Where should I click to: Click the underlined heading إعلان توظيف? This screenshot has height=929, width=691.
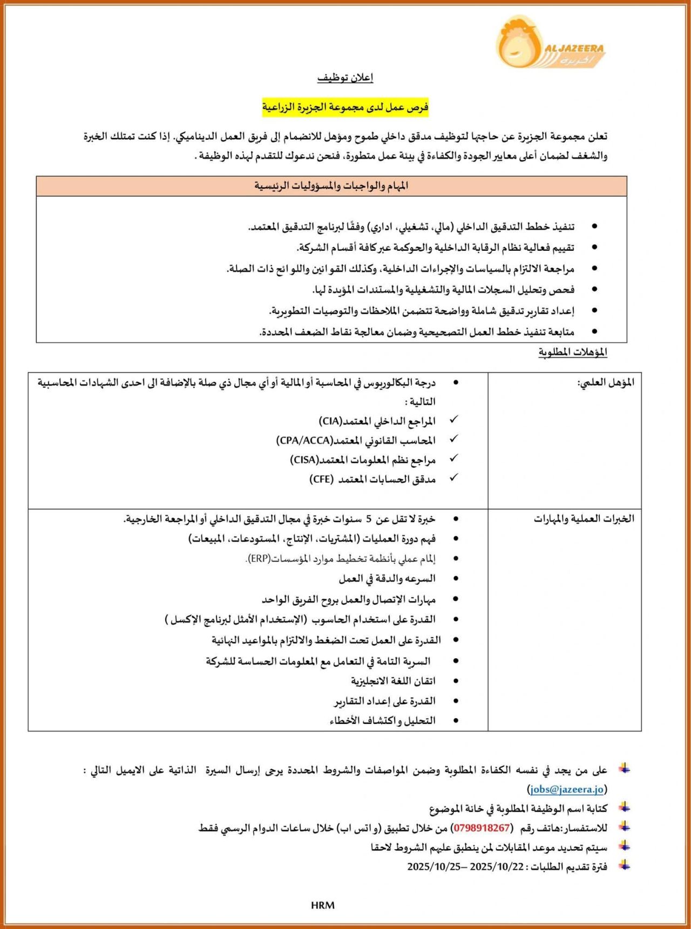345,78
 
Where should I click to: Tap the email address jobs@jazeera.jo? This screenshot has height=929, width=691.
567,789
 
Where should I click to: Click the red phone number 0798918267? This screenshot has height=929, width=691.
482,828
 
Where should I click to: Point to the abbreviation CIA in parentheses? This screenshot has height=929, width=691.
330,421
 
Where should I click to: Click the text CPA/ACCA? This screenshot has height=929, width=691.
304,440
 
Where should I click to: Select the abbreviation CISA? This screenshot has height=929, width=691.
304,460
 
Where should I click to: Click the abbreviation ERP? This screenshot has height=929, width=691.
259,558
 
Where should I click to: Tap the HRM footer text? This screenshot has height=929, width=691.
322,905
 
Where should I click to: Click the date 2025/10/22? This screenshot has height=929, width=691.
497,866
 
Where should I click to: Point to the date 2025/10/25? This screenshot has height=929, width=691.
434,866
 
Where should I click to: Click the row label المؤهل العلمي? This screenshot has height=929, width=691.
606,383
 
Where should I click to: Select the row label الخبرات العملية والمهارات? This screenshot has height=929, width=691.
584,519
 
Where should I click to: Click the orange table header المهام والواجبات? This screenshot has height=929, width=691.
331,186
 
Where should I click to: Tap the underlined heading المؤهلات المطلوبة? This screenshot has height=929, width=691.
573,352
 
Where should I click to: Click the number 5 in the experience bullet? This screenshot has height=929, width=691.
369,519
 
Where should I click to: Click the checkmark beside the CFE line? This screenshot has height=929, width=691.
454,477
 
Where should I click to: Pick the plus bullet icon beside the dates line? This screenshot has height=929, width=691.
625,865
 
